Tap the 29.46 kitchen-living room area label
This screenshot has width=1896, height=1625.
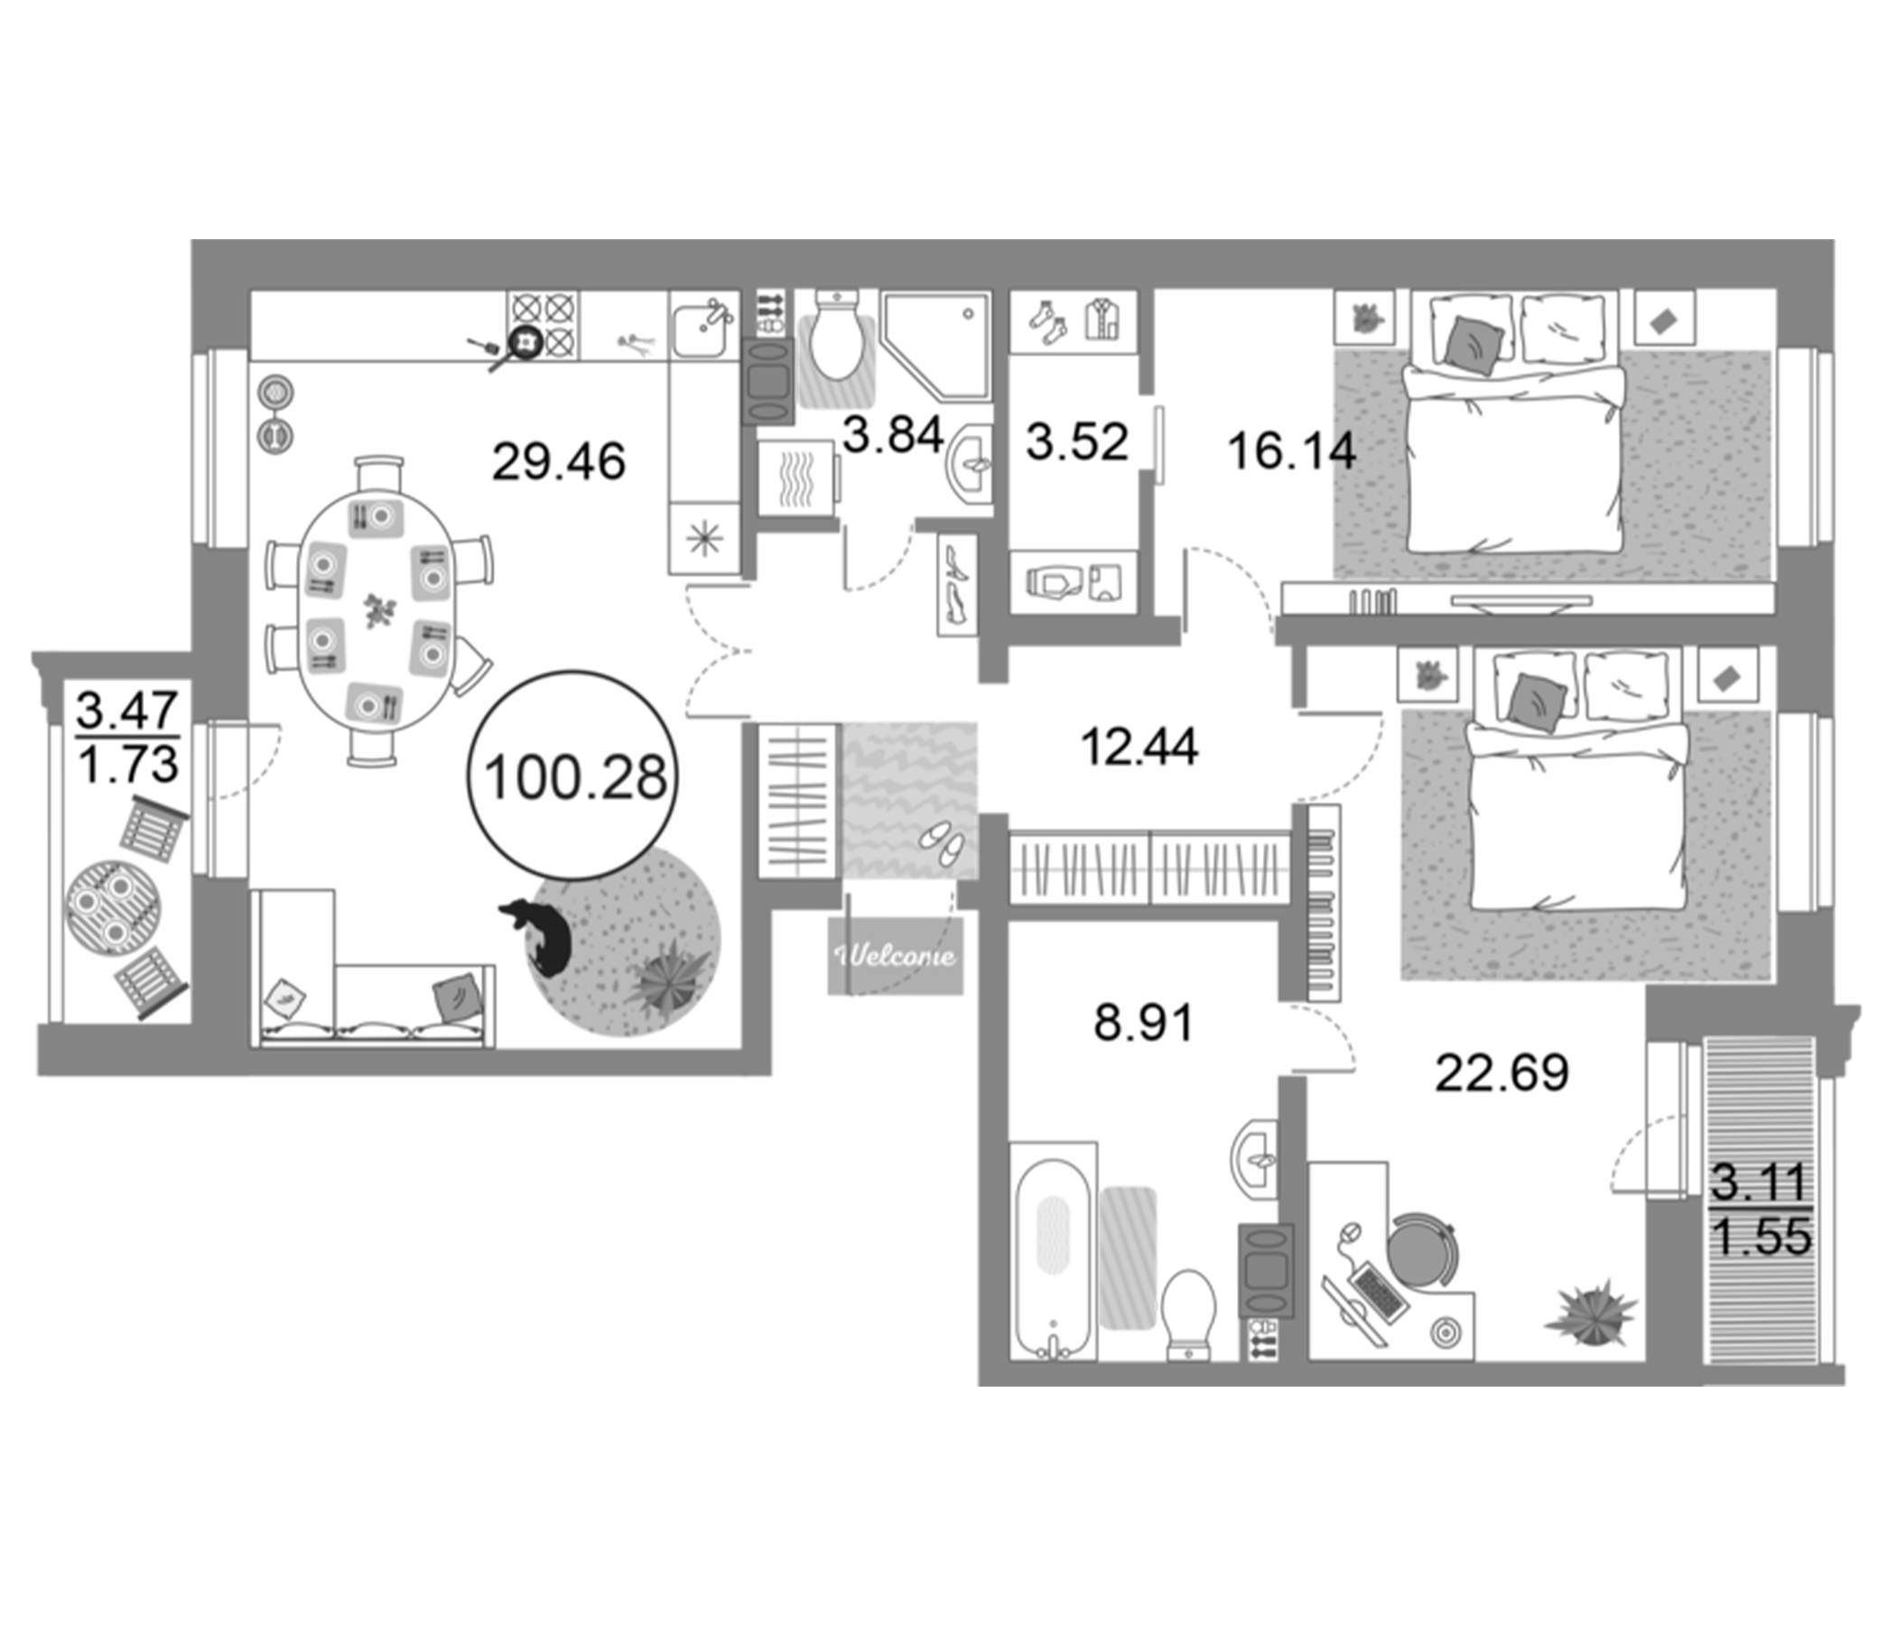pos(558,461)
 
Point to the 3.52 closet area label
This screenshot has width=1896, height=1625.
pos(1077,442)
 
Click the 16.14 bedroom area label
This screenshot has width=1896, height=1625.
pos(1291,451)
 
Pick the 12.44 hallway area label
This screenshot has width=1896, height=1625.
pos(1139,747)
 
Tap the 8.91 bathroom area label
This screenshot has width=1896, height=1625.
pos(1144,1022)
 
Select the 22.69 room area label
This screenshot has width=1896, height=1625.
pos(1501,1072)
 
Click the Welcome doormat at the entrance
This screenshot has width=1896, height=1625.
pos(896,956)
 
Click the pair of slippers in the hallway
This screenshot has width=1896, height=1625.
pos(942,842)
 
